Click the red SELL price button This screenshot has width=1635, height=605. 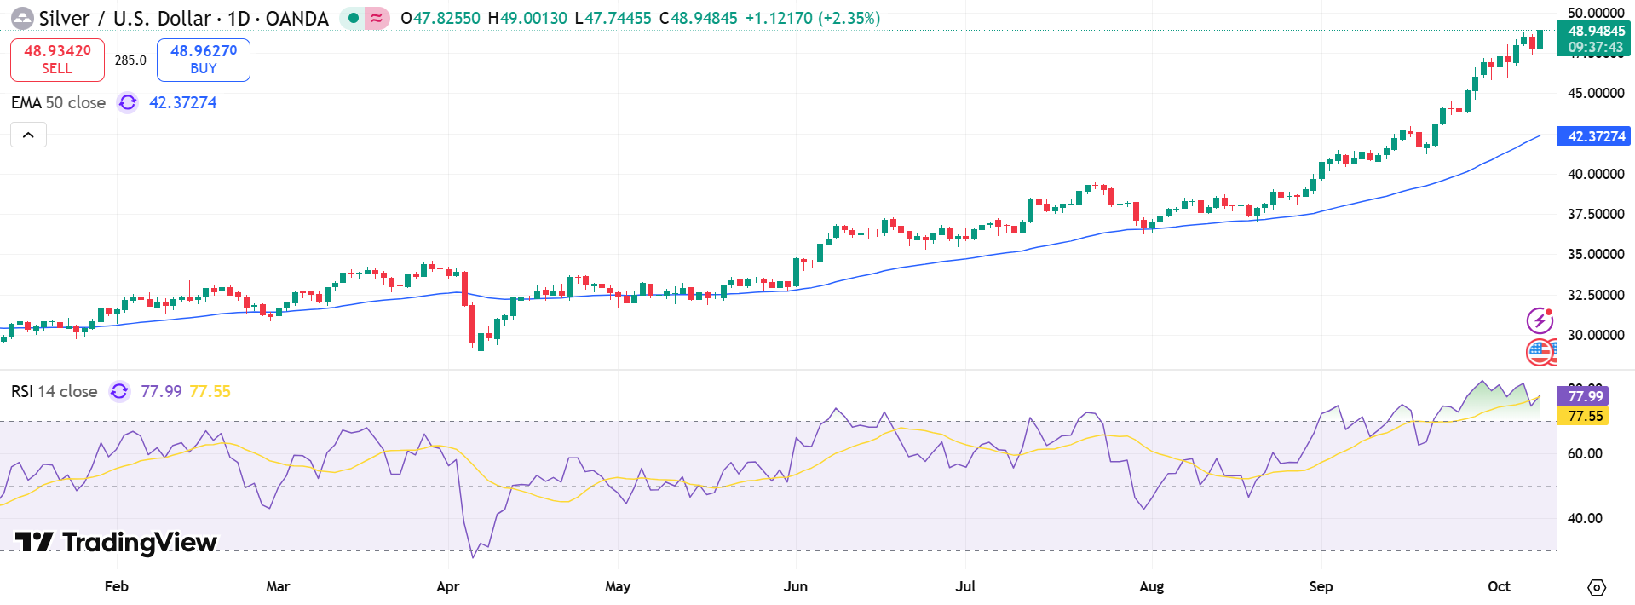tap(57, 60)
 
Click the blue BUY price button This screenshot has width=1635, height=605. tap(204, 60)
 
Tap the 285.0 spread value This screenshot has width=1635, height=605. tap(130, 60)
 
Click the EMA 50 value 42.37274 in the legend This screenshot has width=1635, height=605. tap(183, 102)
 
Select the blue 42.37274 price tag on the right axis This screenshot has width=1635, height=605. tap(1594, 136)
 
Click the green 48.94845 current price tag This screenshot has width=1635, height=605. tap(1594, 32)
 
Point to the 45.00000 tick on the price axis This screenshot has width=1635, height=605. tap(1595, 93)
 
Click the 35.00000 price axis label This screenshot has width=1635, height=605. tap(1595, 254)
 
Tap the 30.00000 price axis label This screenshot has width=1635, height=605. tap(1595, 335)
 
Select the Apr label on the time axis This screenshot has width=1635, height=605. tap(447, 586)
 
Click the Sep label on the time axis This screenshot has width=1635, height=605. tap(1321, 586)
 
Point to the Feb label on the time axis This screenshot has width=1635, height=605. tap(117, 586)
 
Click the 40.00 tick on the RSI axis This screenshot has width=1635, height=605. tap(1585, 518)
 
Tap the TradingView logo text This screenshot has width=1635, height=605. tap(118, 542)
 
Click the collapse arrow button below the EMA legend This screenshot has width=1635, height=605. tap(28, 135)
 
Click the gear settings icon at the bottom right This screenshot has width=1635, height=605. tap(1597, 587)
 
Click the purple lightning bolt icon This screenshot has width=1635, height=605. tap(1540, 320)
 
